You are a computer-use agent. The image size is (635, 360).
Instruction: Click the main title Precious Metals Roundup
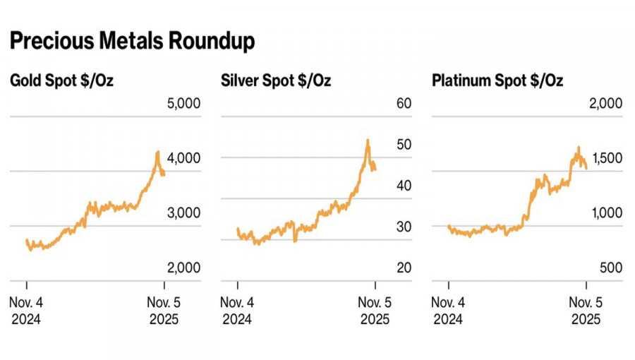point(132,42)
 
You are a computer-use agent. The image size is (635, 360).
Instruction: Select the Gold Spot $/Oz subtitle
point(61,81)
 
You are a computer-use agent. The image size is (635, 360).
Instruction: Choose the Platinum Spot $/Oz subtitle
point(497,81)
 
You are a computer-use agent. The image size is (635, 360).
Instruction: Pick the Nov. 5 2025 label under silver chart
point(375,311)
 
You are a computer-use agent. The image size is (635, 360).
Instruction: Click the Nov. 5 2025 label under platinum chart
point(586,311)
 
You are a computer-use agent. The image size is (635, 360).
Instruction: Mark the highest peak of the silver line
point(368,140)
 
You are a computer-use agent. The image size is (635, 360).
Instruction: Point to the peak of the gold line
point(158,151)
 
